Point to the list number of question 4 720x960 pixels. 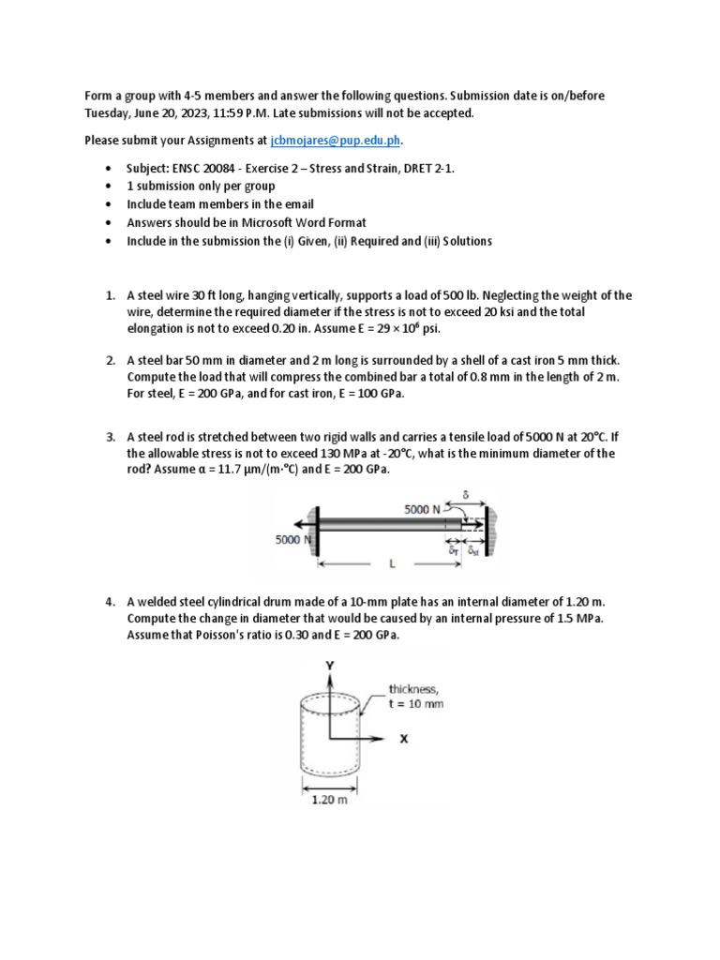click(109, 601)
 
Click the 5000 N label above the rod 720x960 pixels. click(422, 509)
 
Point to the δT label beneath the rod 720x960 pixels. click(455, 552)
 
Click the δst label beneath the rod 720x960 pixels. click(474, 552)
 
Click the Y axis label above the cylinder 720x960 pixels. click(329, 665)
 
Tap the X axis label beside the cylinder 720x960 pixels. click(404, 739)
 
